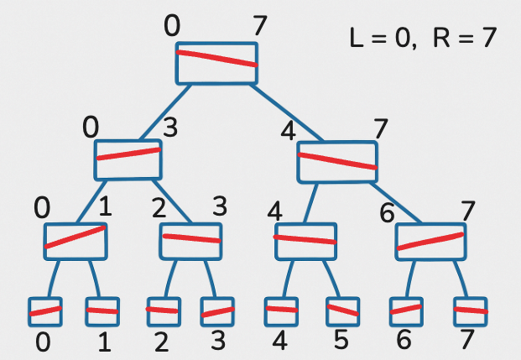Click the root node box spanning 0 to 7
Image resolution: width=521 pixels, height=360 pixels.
coord(216,63)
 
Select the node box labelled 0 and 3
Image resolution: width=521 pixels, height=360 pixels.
coord(128,159)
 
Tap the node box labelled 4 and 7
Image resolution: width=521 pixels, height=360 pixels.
coord(337,161)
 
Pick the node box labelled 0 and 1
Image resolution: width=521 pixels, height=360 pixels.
coord(76,240)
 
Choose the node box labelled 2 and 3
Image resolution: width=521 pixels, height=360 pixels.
coord(190,240)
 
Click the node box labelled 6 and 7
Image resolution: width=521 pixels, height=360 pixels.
coord(430,241)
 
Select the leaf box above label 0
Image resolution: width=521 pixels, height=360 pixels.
coord(44,311)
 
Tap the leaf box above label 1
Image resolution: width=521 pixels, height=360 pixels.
coord(102,311)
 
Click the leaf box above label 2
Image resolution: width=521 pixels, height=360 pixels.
coord(164,311)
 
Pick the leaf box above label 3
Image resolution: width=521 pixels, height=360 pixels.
coord(217,311)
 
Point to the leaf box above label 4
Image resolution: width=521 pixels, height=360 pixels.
coord(281,311)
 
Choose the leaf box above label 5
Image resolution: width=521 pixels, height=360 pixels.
coord(341,311)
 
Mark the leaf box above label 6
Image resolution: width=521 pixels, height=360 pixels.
coord(406,311)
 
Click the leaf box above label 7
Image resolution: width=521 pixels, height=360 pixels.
coord(470,311)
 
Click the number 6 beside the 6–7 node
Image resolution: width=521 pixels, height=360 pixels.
coord(387,213)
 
